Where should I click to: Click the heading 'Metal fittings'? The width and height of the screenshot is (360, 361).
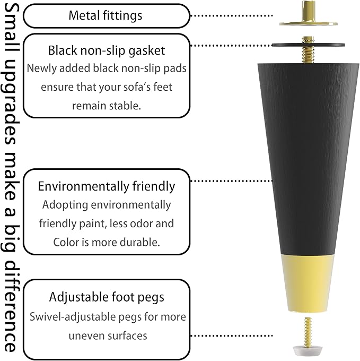(x=106, y=15)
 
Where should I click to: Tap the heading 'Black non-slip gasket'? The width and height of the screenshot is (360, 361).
(x=107, y=50)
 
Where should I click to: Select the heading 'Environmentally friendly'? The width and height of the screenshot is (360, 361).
(x=107, y=186)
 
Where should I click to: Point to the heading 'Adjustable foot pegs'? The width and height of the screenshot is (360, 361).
(x=107, y=297)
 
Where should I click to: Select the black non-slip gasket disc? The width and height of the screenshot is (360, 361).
(x=308, y=45)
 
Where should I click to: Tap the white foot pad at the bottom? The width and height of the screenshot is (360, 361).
(x=308, y=349)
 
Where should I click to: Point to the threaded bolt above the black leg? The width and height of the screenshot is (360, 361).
(x=308, y=49)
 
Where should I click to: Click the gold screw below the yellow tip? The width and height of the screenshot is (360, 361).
(x=308, y=331)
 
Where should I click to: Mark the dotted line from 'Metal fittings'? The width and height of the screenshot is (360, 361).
(x=232, y=15)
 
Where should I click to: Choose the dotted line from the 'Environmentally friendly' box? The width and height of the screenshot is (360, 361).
(x=232, y=181)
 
